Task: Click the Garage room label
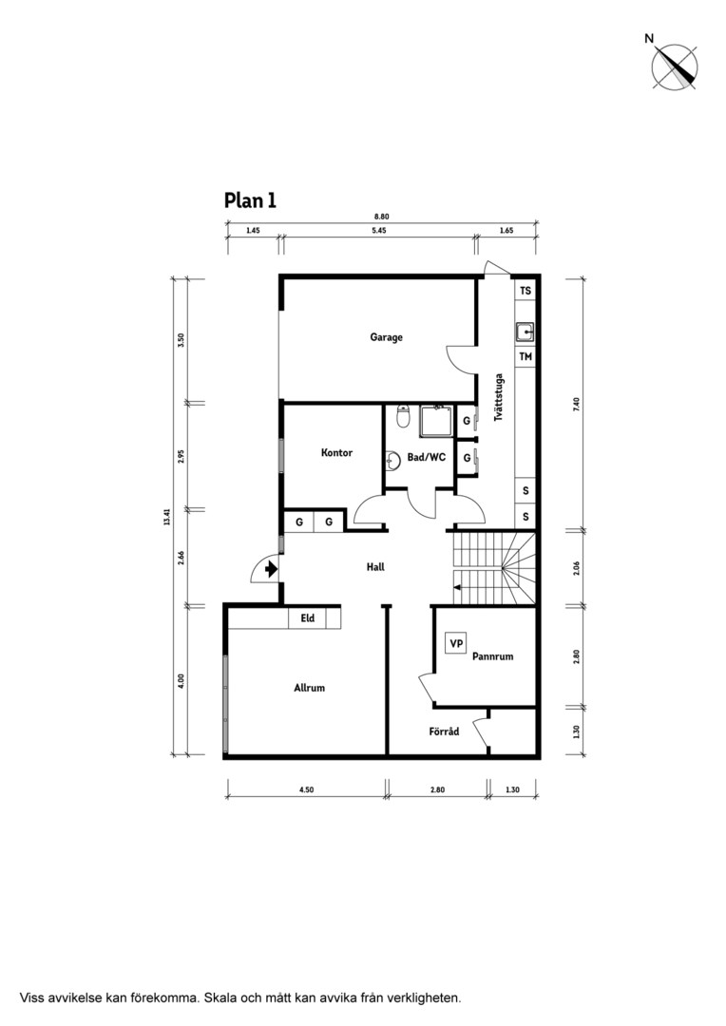point(386,337)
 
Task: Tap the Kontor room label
point(336,452)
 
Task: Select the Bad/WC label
point(426,457)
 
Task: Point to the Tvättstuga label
point(499,397)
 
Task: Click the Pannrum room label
point(492,656)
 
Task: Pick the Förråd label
point(444,731)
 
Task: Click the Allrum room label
point(309,688)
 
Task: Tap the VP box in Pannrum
point(455,644)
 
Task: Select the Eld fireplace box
point(308,618)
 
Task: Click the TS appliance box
point(525,291)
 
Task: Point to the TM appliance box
point(525,356)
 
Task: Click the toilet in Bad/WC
point(403,416)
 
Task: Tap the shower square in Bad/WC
point(436,421)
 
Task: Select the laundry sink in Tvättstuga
point(525,332)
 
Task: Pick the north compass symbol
point(674,66)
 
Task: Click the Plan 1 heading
point(250,200)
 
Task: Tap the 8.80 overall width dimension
point(382,217)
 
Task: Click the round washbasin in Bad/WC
point(393,461)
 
